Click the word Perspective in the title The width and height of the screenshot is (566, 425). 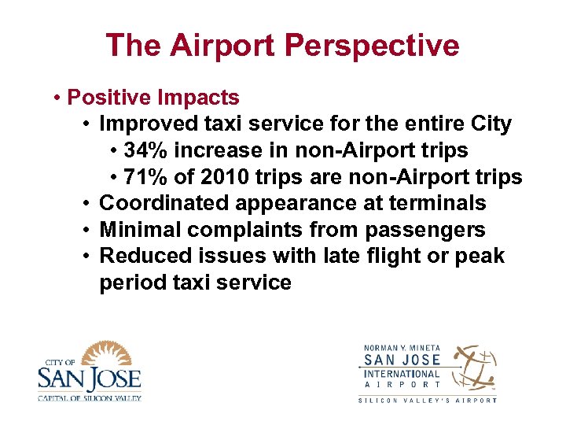(372, 46)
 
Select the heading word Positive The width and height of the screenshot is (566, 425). (110, 98)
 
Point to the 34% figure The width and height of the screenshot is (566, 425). (146, 150)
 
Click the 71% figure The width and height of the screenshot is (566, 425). (146, 176)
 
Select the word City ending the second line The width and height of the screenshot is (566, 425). (489, 124)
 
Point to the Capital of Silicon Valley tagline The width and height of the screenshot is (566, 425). (89, 397)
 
